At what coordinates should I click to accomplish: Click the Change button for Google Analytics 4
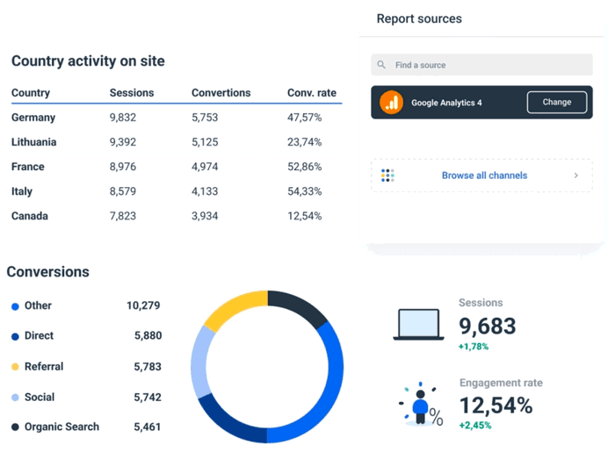coord(556,103)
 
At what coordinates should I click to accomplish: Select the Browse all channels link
coord(483,176)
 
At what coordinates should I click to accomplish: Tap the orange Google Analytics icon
coord(391,103)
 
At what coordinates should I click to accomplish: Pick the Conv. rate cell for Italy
coord(304,191)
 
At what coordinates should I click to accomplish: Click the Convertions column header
coord(221,93)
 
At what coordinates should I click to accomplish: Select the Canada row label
coord(30,216)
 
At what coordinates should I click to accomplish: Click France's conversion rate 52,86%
coord(304,167)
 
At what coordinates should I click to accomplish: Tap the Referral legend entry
coord(43,367)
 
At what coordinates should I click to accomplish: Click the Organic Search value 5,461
coord(148,427)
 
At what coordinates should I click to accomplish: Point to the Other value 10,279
coord(143,306)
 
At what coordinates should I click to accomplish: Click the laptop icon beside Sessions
coord(420,324)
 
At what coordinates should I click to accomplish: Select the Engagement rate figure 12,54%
coord(496,405)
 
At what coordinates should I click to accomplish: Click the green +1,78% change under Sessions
coord(474,347)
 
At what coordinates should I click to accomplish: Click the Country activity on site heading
coord(88,61)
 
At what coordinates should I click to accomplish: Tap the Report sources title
coord(419,18)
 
